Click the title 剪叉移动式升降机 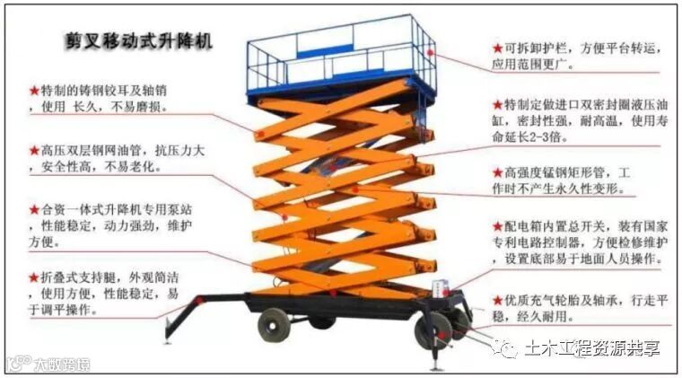pos(138,42)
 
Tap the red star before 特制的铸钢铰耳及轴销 pos(34,91)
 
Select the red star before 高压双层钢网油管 pos(34,151)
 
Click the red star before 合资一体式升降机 pos(34,209)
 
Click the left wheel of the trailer pos(274,324)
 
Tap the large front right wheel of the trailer pos(434,330)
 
